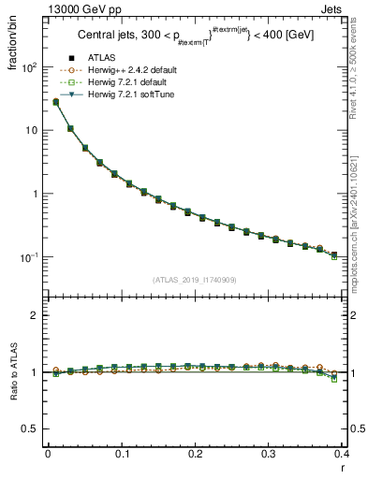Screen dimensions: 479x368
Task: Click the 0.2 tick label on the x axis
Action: (196, 454)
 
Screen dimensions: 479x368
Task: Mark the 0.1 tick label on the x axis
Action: (122, 454)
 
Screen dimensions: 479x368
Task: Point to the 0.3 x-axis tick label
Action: (270, 454)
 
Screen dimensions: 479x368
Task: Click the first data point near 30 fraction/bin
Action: (55, 102)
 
